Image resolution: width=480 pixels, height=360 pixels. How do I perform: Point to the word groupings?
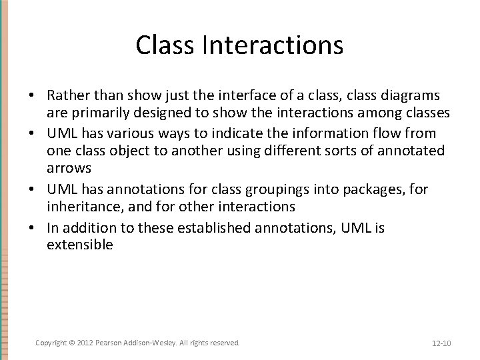click(255, 189)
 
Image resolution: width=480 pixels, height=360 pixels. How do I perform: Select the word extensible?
click(80, 245)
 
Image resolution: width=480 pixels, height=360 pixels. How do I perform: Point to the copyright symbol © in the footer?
click(72, 343)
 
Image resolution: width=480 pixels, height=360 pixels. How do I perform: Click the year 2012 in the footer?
click(86, 343)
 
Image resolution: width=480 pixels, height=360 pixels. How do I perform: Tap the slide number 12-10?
click(441, 343)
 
